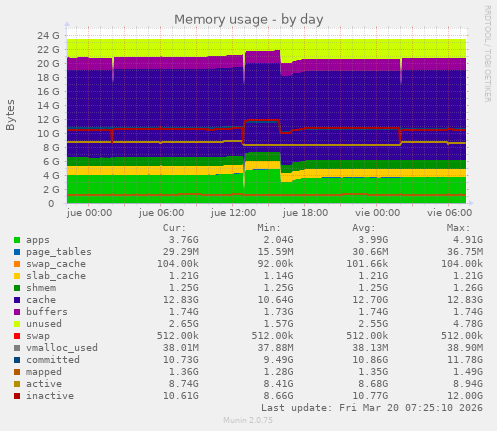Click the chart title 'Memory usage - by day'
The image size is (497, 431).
(x=248, y=19)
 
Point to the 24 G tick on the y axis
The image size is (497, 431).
(x=46, y=35)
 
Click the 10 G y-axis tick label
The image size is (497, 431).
(x=46, y=133)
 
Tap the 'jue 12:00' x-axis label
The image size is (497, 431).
(x=236, y=212)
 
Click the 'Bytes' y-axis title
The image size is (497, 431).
(x=11, y=115)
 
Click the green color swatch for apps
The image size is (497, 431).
(x=17, y=240)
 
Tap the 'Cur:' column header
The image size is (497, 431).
(x=174, y=229)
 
